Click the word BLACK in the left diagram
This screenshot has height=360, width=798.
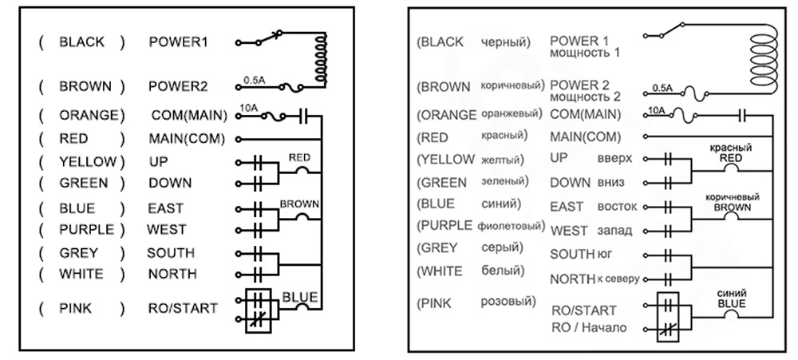[x=81, y=42]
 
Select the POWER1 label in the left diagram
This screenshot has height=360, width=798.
[x=178, y=42]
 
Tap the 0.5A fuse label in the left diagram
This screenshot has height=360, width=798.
[x=254, y=80]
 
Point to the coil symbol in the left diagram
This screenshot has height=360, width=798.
[x=321, y=58]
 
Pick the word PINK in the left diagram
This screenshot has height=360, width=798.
[x=76, y=308]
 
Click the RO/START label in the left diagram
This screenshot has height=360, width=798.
[x=183, y=308]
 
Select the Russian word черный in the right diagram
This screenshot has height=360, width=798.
[x=506, y=42]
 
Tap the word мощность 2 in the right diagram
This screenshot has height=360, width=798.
[x=585, y=97]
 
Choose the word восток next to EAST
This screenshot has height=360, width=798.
[x=617, y=207]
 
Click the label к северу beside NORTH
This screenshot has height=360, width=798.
[x=618, y=279]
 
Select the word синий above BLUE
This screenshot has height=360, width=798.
[x=731, y=294]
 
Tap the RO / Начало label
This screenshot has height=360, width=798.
[x=589, y=327]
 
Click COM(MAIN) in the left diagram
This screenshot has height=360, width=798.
[x=189, y=116]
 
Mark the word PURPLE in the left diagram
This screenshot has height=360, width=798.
[x=86, y=230]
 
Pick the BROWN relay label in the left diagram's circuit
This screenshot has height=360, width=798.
[x=299, y=204]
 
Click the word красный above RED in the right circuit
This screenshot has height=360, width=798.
[x=731, y=148]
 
